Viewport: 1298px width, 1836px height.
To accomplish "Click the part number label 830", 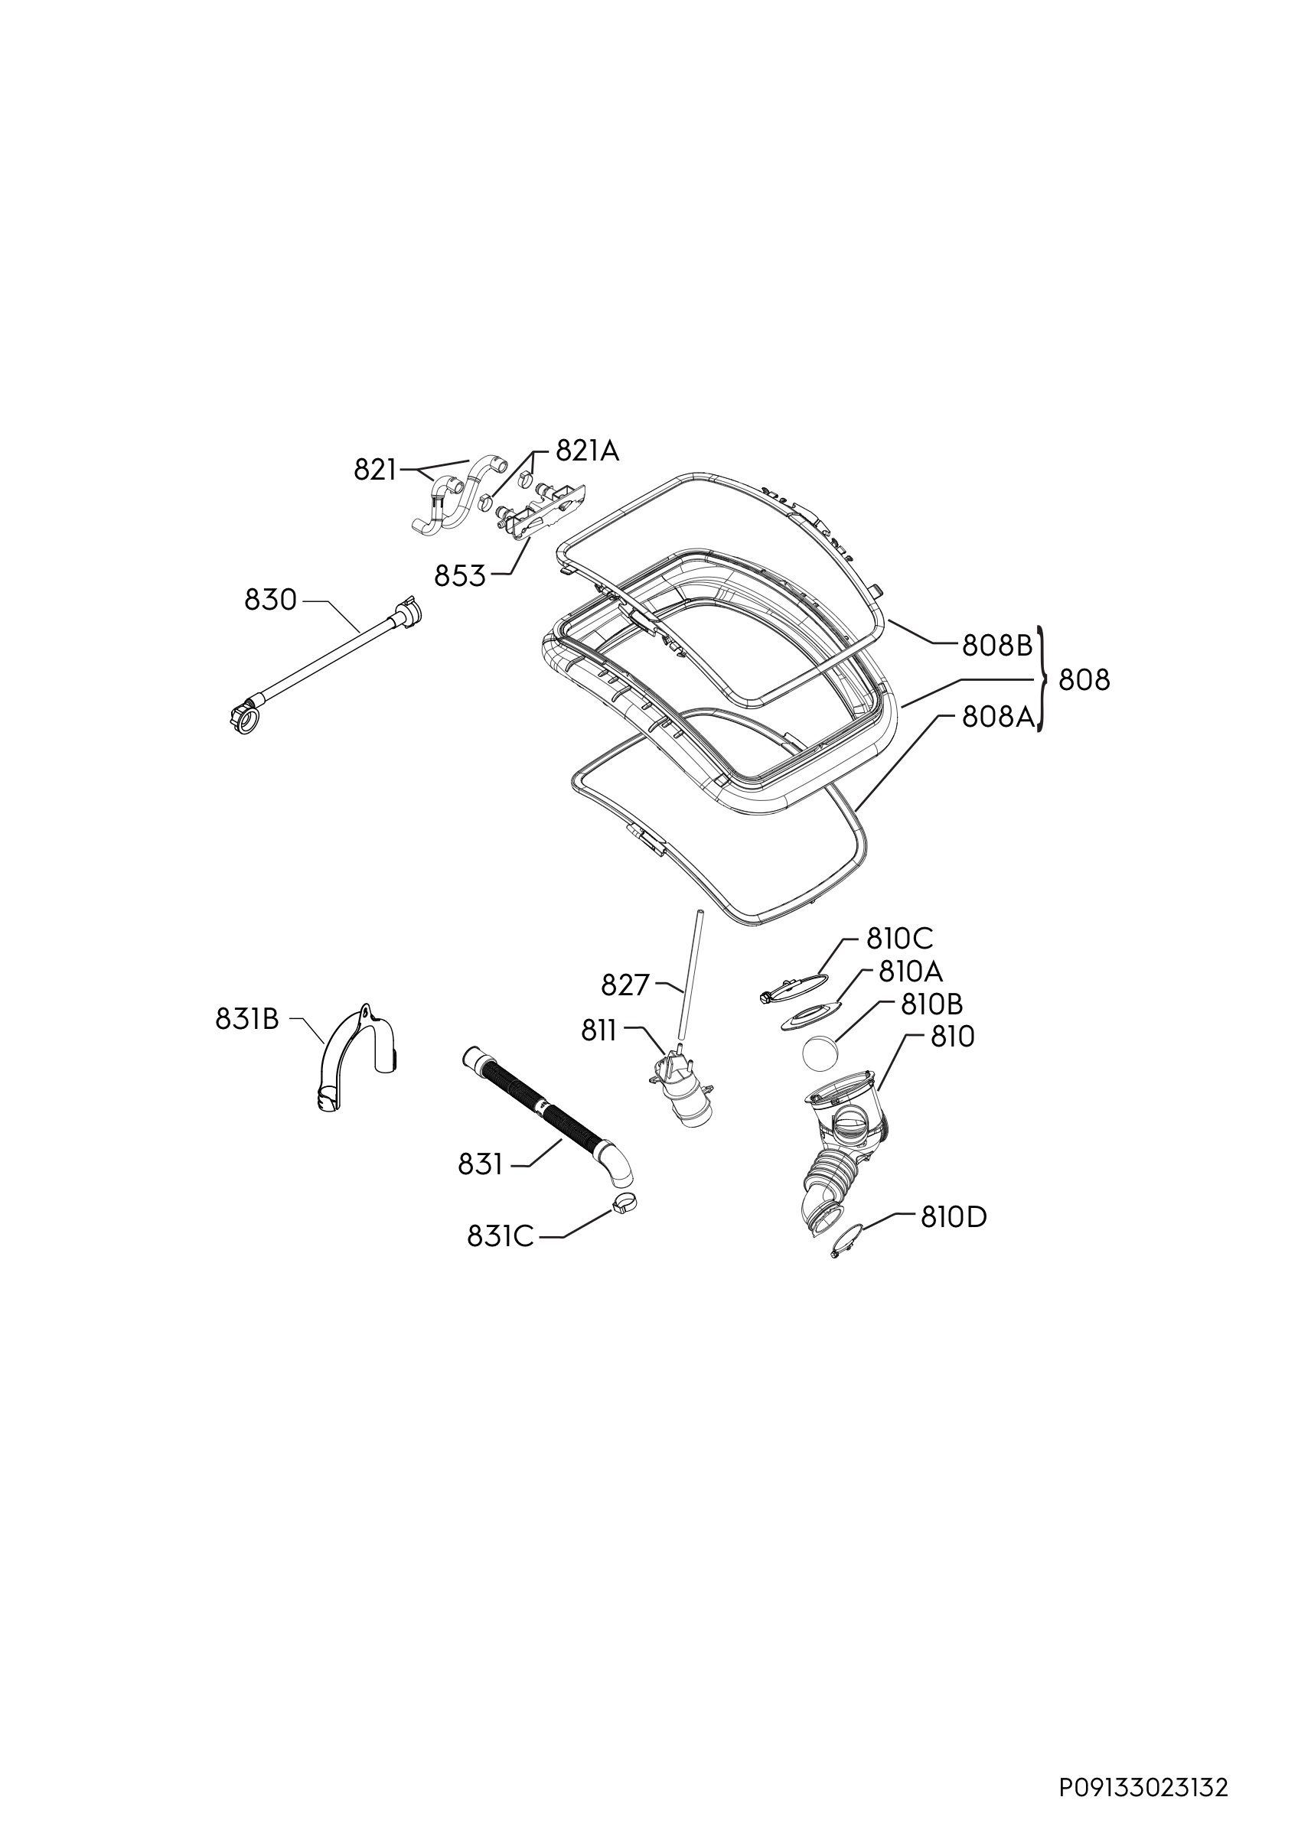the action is pos(270,600).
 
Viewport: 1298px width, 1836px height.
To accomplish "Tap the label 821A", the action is pos(587,452).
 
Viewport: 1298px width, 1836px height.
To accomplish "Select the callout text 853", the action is pos(460,576).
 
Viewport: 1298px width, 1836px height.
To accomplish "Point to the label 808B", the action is pos(998,646).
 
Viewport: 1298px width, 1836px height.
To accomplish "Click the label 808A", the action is pos(998,718).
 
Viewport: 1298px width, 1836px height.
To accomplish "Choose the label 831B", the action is pos(246,1020).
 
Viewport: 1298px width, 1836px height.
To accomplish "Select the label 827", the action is pos(625,986).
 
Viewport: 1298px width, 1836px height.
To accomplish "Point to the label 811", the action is pos(599,1032).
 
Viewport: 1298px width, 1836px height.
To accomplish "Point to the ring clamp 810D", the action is pos(846,1243).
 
